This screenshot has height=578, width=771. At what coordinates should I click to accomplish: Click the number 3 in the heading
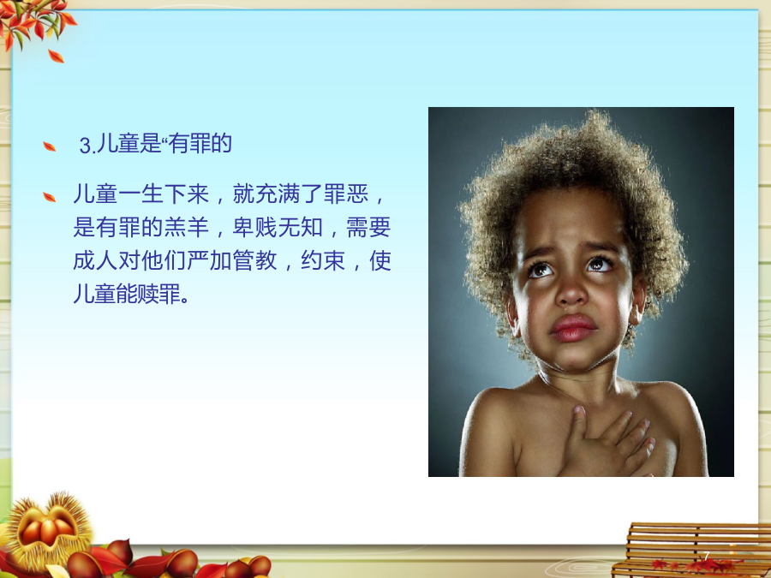click(x=85, y=146)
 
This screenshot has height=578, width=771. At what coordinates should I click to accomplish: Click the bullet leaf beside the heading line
click(x=49, y=146)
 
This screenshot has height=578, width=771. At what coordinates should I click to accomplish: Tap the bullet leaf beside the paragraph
click(x=49, y=197)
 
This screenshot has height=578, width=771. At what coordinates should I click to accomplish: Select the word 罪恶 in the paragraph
click(x=346, y=194)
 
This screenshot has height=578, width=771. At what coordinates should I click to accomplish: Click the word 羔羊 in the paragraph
click(x=187, y=227)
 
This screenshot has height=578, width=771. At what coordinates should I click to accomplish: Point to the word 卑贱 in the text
click(x=255, y=227)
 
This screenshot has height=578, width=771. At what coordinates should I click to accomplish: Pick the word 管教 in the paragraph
click(x=255, y=260)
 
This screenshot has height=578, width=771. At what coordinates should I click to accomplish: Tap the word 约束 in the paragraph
click(x=323, y=260)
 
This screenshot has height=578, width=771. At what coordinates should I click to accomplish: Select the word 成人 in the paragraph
click(x=95, y=260)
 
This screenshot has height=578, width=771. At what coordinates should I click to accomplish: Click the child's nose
click(x=571, y=291)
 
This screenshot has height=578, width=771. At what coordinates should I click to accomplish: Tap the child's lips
click(x=573, y=328)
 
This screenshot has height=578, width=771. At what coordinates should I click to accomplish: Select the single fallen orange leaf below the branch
click(x=56, y=56)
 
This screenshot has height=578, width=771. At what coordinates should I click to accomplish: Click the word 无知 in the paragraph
click(x=301, y=227)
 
